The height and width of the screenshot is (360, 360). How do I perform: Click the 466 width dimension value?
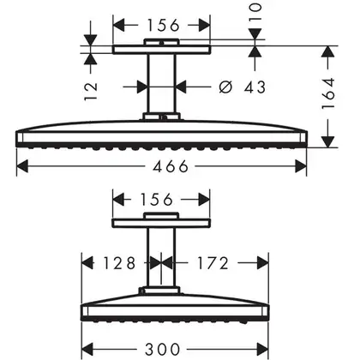pyautogui.click(x=171, y=166)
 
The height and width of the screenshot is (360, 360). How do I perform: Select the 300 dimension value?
pyautogui.click(x=163, y=349)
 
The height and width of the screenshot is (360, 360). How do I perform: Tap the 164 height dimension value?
pyautogui.click(x=328, y=93)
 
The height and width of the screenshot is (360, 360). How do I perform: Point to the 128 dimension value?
pyautogui.click(x=119, y=263)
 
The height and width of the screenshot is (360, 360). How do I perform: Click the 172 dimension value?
pyautogui.click(x=213, y=263)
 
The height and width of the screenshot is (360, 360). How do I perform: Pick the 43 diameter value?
pyautogui.click(x=255, y=87)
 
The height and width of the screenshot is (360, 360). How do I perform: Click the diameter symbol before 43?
pyautogui.click(x=225, y=87)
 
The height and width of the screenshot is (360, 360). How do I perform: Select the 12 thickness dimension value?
pyautogui.click(x=91, y=92)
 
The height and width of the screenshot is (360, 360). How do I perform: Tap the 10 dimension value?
pyautogui.click(x=255, y=11)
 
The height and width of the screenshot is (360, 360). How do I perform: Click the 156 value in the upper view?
pyautogui.click(x=163, y=25)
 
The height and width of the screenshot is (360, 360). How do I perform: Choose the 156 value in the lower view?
pyautogui.click(x=157, y=199)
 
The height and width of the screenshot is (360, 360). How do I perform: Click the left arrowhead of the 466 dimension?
pyautogui.click(x=22, y=166)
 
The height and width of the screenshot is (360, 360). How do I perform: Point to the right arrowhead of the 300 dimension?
pyautogui.click(x=262, y=349)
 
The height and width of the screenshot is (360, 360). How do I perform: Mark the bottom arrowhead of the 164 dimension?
pyautogui.click(x=328, y=142)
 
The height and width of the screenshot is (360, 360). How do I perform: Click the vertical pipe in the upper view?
pyautogui.click(x=162, y=83)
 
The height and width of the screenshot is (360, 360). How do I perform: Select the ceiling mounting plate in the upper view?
pyautogui.click(x=161, y=50)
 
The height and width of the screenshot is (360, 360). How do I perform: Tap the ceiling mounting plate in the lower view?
pyautogui.click(x=161, y=223)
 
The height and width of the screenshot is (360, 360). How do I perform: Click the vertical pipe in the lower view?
pyautogui.click(x=162, y=257)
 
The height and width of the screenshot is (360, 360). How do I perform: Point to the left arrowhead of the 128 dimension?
pyautogui.click(x=87, y=263)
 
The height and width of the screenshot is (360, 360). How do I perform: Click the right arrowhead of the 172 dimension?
pyautogui.click(x=262, y=263)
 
